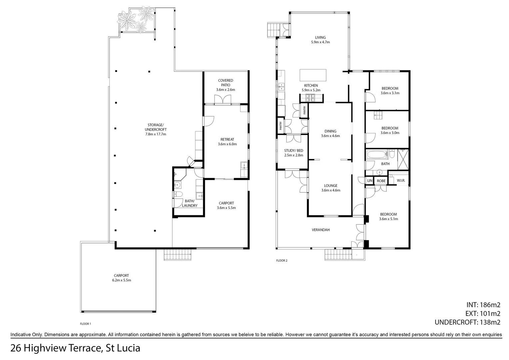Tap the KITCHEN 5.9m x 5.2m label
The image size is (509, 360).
click(311, 88)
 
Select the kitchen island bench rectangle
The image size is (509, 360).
click(313, 74)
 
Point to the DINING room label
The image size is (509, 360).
click(330, 133)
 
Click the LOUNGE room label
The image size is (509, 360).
click(330, 188)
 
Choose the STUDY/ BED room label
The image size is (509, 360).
click(293, 153)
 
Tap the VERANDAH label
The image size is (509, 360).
click(320, 230)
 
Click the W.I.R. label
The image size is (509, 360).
click(401, 181)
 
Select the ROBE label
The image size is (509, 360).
click(381, 181)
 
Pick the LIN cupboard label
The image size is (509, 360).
click(369, 181)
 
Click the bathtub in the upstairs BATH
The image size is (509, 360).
click(377, 155)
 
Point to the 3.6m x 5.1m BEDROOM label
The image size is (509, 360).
click(388, 217)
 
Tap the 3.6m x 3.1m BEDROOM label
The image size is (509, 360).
click(390, 91)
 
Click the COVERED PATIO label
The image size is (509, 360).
click(226, 85)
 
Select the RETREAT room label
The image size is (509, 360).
click(227, 142)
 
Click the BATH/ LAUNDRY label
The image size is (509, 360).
click(190, 203)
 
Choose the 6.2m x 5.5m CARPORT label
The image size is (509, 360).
click(121, 278)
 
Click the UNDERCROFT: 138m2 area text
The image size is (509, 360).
click(467, 322)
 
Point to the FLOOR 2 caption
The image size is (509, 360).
click(281, 261)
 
